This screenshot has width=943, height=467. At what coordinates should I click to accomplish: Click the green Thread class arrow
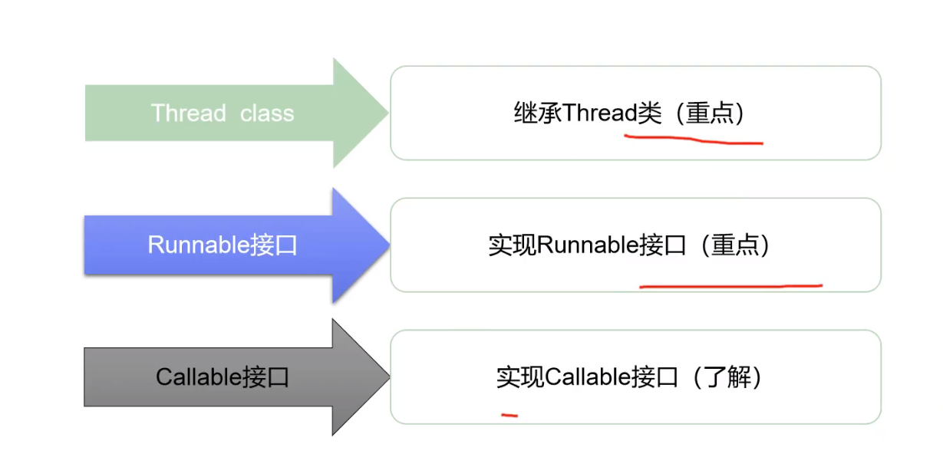[230, 113]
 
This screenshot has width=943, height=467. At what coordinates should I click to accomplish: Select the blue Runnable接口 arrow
[230, 245]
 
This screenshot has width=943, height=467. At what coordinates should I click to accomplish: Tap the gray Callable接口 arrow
[230, 377]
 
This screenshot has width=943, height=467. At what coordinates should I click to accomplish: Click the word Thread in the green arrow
[188, 113]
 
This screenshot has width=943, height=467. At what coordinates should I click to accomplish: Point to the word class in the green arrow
[267, 113]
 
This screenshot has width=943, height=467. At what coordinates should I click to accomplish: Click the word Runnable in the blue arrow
[198, 245]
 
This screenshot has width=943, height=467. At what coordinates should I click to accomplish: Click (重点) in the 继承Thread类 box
[705, 113]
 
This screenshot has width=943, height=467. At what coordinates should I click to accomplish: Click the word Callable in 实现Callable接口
[588, 377]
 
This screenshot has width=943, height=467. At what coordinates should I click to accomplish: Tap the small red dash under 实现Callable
[509, 415]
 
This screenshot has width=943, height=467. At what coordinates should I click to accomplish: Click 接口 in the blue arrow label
[273, 245]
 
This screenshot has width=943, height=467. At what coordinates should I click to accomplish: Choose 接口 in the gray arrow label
[265, 377]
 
